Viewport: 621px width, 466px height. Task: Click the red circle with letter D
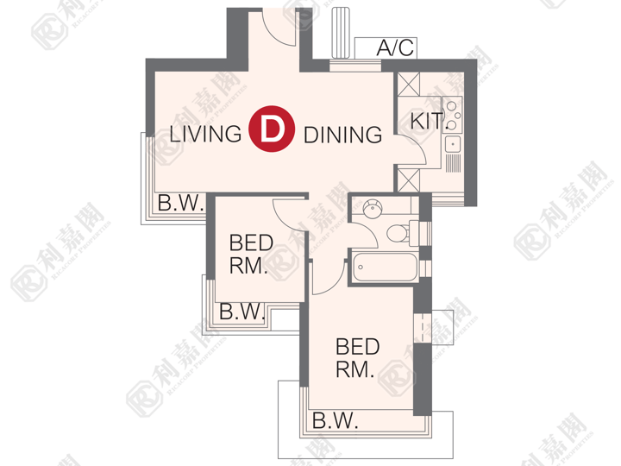(x=272, y=129)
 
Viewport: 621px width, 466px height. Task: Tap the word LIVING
(x=205, y=134)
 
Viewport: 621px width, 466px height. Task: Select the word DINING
(x=342, y=135)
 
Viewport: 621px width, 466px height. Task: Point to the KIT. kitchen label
(x=427, y=121)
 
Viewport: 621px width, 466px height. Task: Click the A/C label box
(x=386, y=48)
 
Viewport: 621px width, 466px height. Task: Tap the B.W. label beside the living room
(x=180, y=204)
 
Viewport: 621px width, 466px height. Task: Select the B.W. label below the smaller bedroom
(x=242, y=312)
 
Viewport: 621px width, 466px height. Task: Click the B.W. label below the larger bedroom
(x=335, y=420)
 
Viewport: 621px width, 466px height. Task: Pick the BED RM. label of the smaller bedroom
(x=251, y=254)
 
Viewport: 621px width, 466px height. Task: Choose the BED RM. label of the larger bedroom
(x=357, y=358)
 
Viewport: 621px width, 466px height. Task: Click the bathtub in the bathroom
(x=385, y=268)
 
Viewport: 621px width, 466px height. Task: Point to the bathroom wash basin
(x=373, y=207)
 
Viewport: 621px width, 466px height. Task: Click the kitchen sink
(x=453, y=144)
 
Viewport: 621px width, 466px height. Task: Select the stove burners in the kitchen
(x=452, y=115)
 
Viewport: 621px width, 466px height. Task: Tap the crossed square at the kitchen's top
(x=408, y=84)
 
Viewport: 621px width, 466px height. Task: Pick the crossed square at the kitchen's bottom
(x=408, y=180)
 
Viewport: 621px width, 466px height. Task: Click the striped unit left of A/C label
(x=342, y=33)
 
